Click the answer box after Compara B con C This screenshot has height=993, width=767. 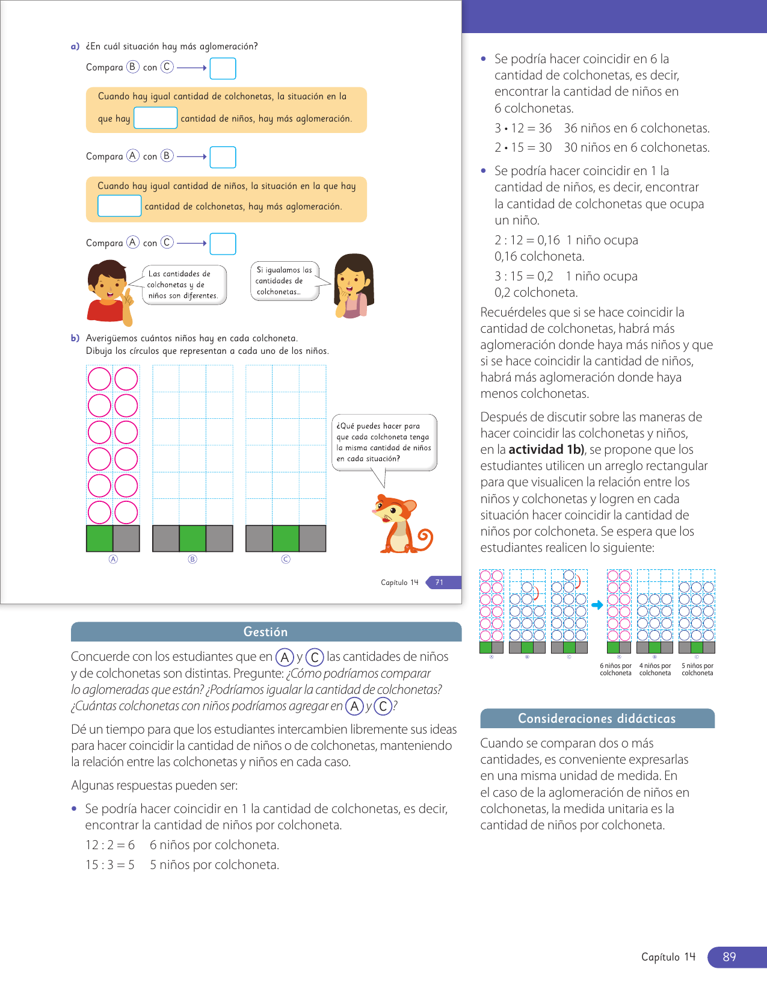pos(223,69)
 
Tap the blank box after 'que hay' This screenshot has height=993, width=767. pos(155,118)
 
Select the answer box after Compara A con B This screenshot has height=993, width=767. pos(223,157)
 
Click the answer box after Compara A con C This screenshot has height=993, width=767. pos(223,244)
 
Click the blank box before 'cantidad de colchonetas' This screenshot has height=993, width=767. pos(119,206)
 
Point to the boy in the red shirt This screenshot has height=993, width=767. pos(108,292)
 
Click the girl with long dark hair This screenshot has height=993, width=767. pos(353,286)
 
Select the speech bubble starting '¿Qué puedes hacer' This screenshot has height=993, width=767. pos(384,442)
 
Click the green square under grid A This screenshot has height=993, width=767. pos(100,539)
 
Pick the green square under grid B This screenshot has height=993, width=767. pos(193,539)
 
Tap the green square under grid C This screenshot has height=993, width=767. pos(286,539)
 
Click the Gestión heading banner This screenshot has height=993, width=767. pos(266,632)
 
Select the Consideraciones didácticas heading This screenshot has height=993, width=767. pos(597,719)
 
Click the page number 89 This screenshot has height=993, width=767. pos(729,957)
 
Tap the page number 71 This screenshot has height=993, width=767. pos(440,583)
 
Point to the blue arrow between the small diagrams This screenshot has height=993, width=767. pos(597,605)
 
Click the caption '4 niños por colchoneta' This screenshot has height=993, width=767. pos(655,670)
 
